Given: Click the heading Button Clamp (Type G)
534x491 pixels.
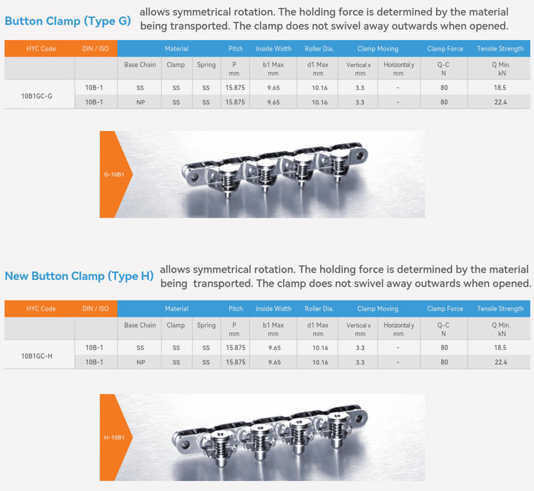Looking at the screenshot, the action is point(68,21).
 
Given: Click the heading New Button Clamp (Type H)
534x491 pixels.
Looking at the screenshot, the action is point(79,276).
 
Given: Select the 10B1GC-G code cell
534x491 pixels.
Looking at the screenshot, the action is point(37,96).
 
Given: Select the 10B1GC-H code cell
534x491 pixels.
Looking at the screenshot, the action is point(37,356).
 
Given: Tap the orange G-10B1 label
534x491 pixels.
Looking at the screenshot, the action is point(113,174).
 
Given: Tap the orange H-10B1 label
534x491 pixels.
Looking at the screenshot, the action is point(113,438).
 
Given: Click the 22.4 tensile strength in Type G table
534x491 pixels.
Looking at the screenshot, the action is point(500,102).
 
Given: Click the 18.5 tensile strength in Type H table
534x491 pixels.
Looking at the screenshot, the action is point(500,347).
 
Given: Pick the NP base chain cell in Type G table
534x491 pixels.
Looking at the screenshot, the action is point(140,102).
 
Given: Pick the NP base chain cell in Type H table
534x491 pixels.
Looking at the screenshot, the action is point(140,362).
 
